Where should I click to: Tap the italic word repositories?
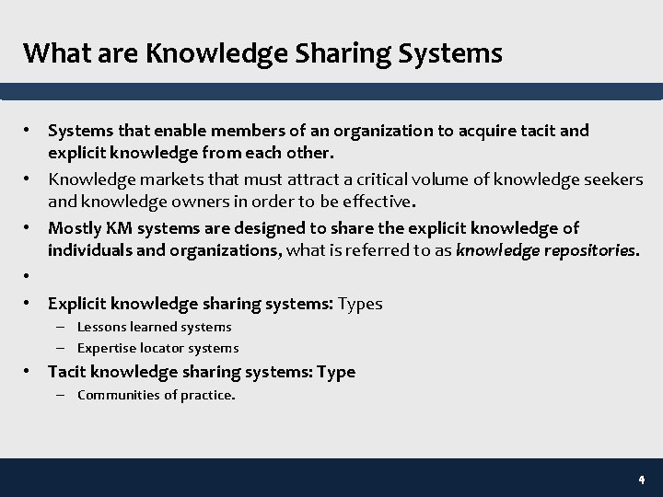coord(585,249)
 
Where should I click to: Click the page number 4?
coord(641,480)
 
